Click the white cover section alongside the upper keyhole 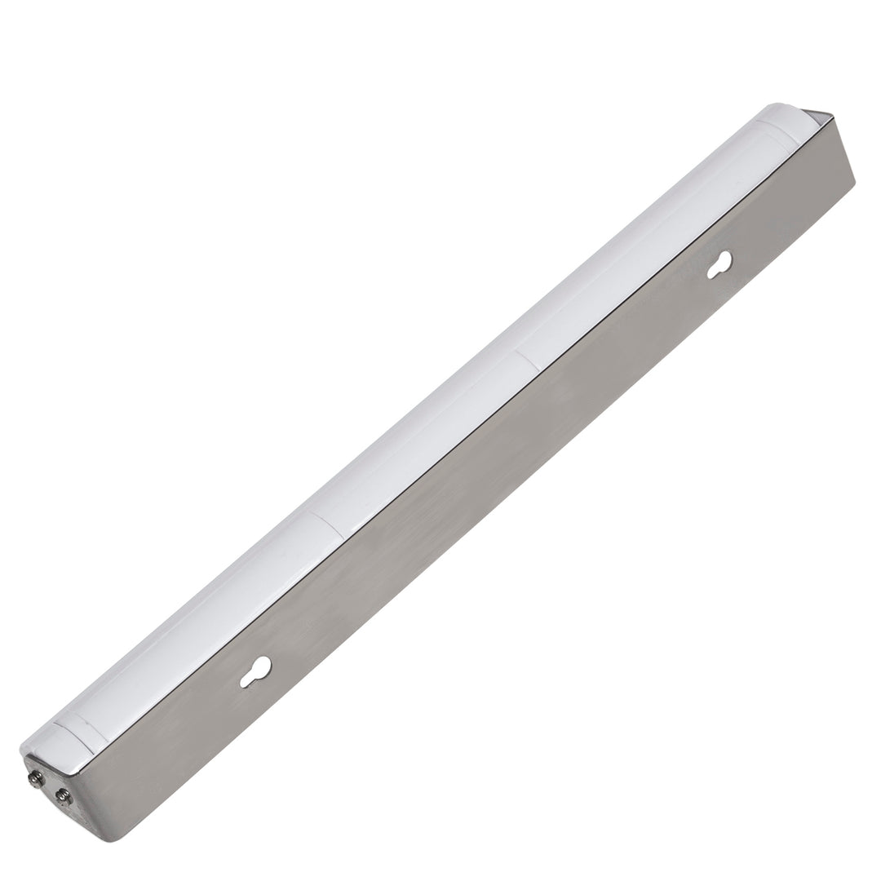click(x=644, y=237)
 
